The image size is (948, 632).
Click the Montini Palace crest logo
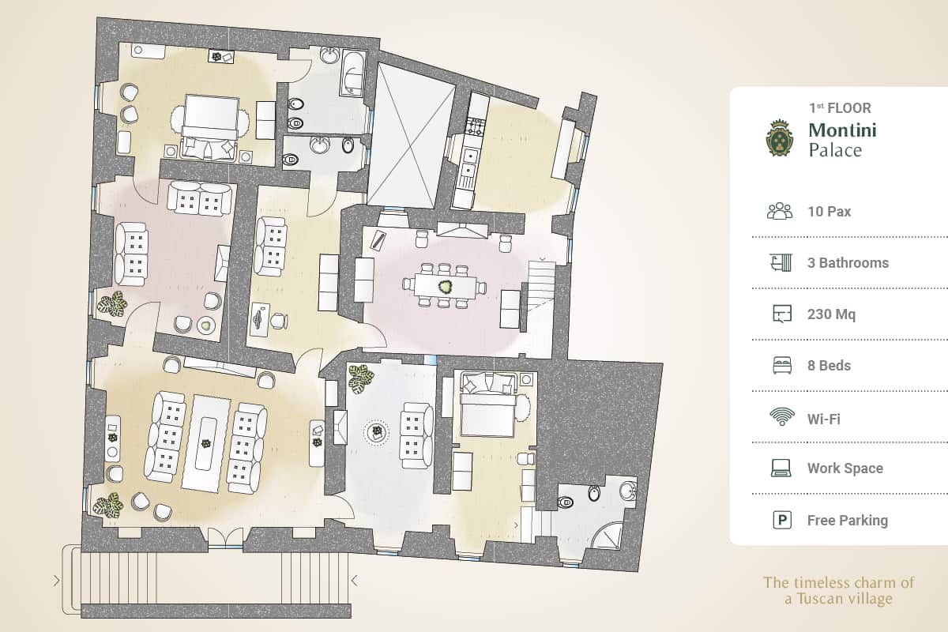781,138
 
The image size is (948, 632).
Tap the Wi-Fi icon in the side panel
781,416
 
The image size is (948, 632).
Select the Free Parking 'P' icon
781,520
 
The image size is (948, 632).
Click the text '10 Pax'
829,212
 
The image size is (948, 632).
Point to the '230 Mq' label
831,314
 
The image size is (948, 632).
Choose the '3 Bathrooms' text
848,263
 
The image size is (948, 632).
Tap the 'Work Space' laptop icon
781,468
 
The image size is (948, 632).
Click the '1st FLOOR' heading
840,108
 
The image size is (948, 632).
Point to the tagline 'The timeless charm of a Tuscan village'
838,591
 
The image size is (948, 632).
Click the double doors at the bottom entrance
225,537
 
